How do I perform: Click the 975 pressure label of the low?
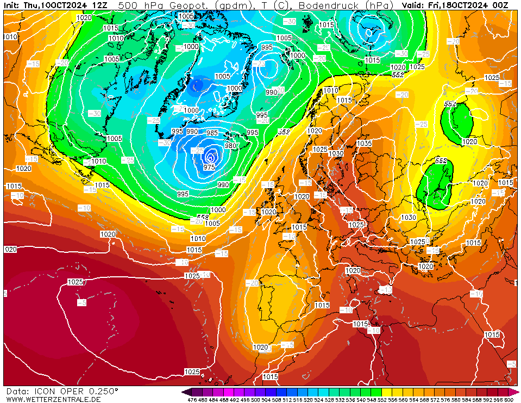tap(209, 167)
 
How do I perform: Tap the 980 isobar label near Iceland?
tap(230, 145)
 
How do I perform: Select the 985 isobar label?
tap(212, 133)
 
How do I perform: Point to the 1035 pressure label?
tap(364, 144)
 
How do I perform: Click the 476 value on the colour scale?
tap(192, 400)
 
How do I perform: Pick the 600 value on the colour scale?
tap(509, 400)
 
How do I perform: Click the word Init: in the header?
tap(13, 5)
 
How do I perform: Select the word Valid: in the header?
tap(413, 5)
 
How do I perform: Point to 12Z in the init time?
tap(99, 5)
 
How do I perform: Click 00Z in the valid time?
tap(499, 5)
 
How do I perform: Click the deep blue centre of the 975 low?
tap(210, 158)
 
